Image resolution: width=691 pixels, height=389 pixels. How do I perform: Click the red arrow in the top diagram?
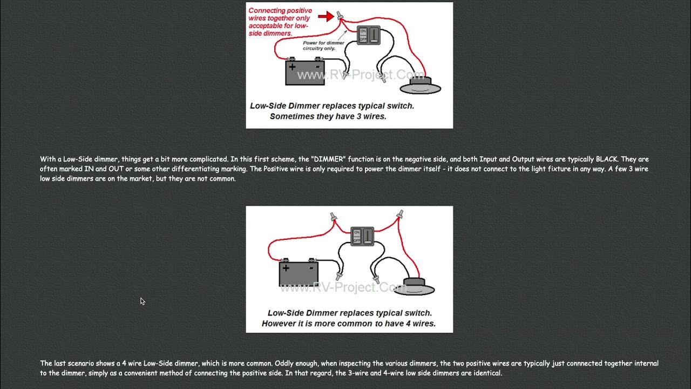[326, 17]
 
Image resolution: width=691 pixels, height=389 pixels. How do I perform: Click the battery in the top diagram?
[305, 72]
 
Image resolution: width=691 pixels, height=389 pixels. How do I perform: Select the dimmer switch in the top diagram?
[368, 36]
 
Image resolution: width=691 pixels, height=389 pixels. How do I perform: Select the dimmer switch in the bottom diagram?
[362, 236]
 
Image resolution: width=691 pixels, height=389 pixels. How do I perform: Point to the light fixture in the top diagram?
[420, 86]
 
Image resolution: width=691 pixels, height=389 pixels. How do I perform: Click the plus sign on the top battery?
[292, 67]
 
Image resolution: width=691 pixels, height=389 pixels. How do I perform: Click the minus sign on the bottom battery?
[311, 267]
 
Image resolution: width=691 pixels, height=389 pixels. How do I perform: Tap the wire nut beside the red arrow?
[340, 16]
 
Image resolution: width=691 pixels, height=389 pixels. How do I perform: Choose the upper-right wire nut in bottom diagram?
[399, 215]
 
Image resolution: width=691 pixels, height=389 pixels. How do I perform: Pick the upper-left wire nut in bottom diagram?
[333, 217]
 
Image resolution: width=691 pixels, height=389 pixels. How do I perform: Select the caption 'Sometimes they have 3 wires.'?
[328, 116]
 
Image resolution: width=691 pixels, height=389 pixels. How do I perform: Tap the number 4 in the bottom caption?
[406, 324]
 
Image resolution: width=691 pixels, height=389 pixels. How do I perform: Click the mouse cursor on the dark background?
[142, 301]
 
